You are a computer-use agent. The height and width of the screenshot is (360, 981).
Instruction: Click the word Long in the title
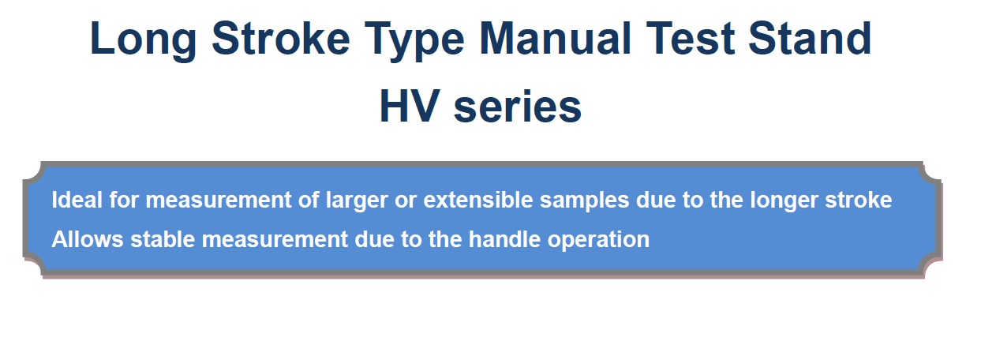click(x=143, y=40)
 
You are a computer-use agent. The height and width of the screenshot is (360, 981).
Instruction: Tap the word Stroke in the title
click(x=281, y=39)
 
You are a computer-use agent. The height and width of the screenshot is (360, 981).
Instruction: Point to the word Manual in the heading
click(x=556, y=39)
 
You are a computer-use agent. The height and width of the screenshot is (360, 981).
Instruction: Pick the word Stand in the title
click(x=811, y=39)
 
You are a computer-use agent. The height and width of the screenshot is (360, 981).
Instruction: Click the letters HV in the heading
click(x=410, y=107)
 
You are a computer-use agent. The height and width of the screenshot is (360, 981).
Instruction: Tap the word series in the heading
click(x=518, y=107)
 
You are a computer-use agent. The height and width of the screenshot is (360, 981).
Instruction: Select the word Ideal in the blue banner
click(x=77, y=200)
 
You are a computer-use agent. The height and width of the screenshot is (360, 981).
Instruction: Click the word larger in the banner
click(x=357, y=201)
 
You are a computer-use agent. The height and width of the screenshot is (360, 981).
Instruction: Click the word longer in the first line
click(x=784, y=201)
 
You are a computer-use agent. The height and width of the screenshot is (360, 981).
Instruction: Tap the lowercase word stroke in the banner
click(x=859, y=200)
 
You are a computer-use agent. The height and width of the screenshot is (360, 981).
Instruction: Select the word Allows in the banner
click(x=88, y=239)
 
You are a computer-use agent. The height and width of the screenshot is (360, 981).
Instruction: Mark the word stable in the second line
click(x=163, y=239)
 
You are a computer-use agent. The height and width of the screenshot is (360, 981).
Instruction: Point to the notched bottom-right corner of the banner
click(x=932, y=268)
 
